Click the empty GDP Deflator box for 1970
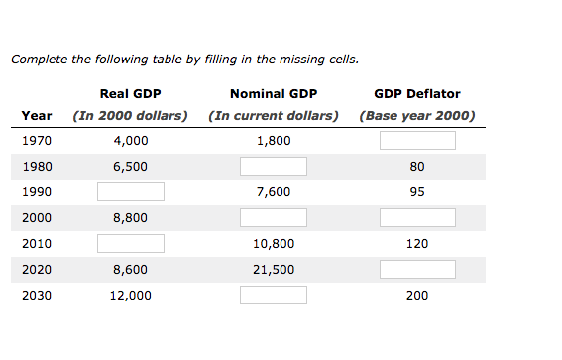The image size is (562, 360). (417, 140)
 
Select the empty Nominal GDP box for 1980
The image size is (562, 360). (273, 166)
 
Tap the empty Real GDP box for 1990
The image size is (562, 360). (131, 191)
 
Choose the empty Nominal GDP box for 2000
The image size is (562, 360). (273, 217)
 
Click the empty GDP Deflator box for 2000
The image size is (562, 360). (417, 217)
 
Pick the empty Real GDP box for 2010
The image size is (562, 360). (131, 243)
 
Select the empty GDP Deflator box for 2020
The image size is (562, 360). (417, 269)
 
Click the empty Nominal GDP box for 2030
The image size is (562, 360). (273, 295)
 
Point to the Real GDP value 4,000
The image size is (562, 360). (131, 140)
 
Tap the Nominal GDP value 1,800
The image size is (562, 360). (273, 140)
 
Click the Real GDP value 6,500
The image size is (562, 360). (131, 166)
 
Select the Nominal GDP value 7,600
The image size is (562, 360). (273, 191)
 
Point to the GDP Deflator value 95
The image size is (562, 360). (417, 191)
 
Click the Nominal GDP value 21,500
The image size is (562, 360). (273, 269)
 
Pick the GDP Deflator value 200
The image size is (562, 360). (417, 295)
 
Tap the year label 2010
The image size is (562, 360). (36, 243)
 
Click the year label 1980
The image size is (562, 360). (36, 166)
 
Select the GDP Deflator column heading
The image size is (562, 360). (417, 94)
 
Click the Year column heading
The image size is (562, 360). (37, 115)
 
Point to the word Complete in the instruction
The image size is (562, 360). (38, 60)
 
